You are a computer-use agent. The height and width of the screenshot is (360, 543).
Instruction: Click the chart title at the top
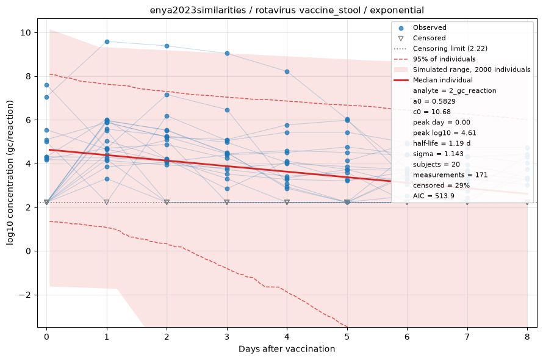[x=287, y=10]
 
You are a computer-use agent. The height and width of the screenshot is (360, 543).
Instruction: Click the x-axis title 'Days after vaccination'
[x=287, y=349]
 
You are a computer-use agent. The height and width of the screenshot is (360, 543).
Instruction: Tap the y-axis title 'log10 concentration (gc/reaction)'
[x=10, y=173]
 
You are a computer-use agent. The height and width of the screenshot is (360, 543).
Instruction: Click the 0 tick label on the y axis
[x=29, y=251]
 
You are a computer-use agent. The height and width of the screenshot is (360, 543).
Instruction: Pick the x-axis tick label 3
[x=227, y=337]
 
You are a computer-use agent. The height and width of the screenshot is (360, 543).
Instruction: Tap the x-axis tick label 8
[x=527, y=337]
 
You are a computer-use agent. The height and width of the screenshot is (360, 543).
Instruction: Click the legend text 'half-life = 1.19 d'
[x=442, y=143]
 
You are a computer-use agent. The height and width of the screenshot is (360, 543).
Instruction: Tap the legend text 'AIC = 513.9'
[x=434, y=196]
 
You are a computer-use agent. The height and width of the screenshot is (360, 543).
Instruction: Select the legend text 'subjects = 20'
[x=436, y=164]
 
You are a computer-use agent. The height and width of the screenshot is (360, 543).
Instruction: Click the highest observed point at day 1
[x=107, y=41]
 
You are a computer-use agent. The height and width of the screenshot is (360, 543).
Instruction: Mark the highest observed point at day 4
[x=287, y=72]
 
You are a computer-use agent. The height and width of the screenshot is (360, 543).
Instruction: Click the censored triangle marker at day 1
[x=107, y=202]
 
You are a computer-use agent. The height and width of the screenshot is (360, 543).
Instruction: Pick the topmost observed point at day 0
[x=47, y=85]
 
